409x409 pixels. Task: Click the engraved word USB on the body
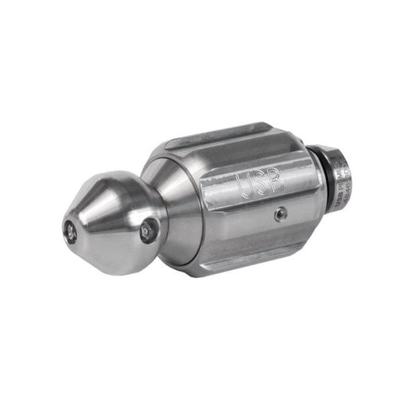click(262, 183)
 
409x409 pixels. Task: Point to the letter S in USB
click(262, 183)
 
